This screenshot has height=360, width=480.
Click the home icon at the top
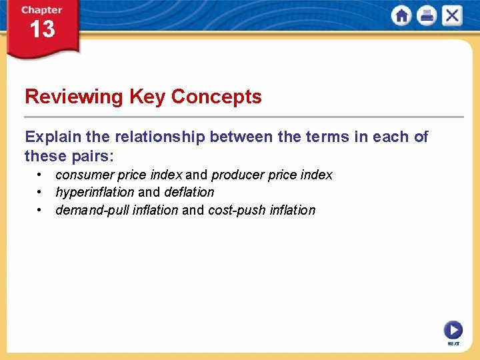401,16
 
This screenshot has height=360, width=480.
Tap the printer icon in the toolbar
427,16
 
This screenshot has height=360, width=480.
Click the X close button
452,16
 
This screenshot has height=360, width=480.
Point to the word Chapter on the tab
42,10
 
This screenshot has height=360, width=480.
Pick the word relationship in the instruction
159,137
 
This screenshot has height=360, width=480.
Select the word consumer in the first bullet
85,175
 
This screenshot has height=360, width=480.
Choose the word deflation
189,193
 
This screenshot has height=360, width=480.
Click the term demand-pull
89,211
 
